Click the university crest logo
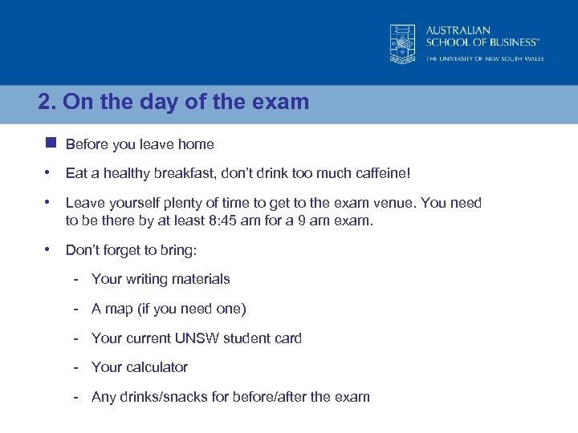[x=402, y=42]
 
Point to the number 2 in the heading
[x=44, y=103]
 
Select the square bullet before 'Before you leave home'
[x=51, y=144]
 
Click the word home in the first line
[x=197, y=144]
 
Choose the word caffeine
[x=381, y=173]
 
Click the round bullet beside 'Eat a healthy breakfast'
[x=48, y=172]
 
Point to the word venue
[x=397, y=203]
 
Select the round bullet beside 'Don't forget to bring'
[x=48, y=249]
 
